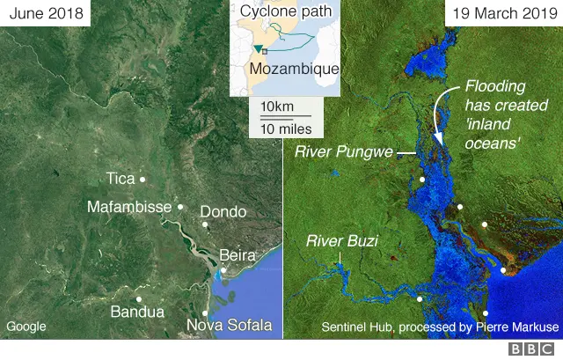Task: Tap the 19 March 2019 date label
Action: pos(503,15)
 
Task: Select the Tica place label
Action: pos(121,179)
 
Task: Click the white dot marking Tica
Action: pos(143,179)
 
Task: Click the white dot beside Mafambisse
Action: pos(180,207)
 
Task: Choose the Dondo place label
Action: pos(223,212)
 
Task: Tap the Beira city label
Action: pos(237,255)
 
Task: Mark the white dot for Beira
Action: pos(223,270)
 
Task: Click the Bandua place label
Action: pos(136,312)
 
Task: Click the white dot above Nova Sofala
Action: pos(205,312)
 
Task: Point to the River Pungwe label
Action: pos(343,153)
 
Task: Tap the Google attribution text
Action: pos(26,327)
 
